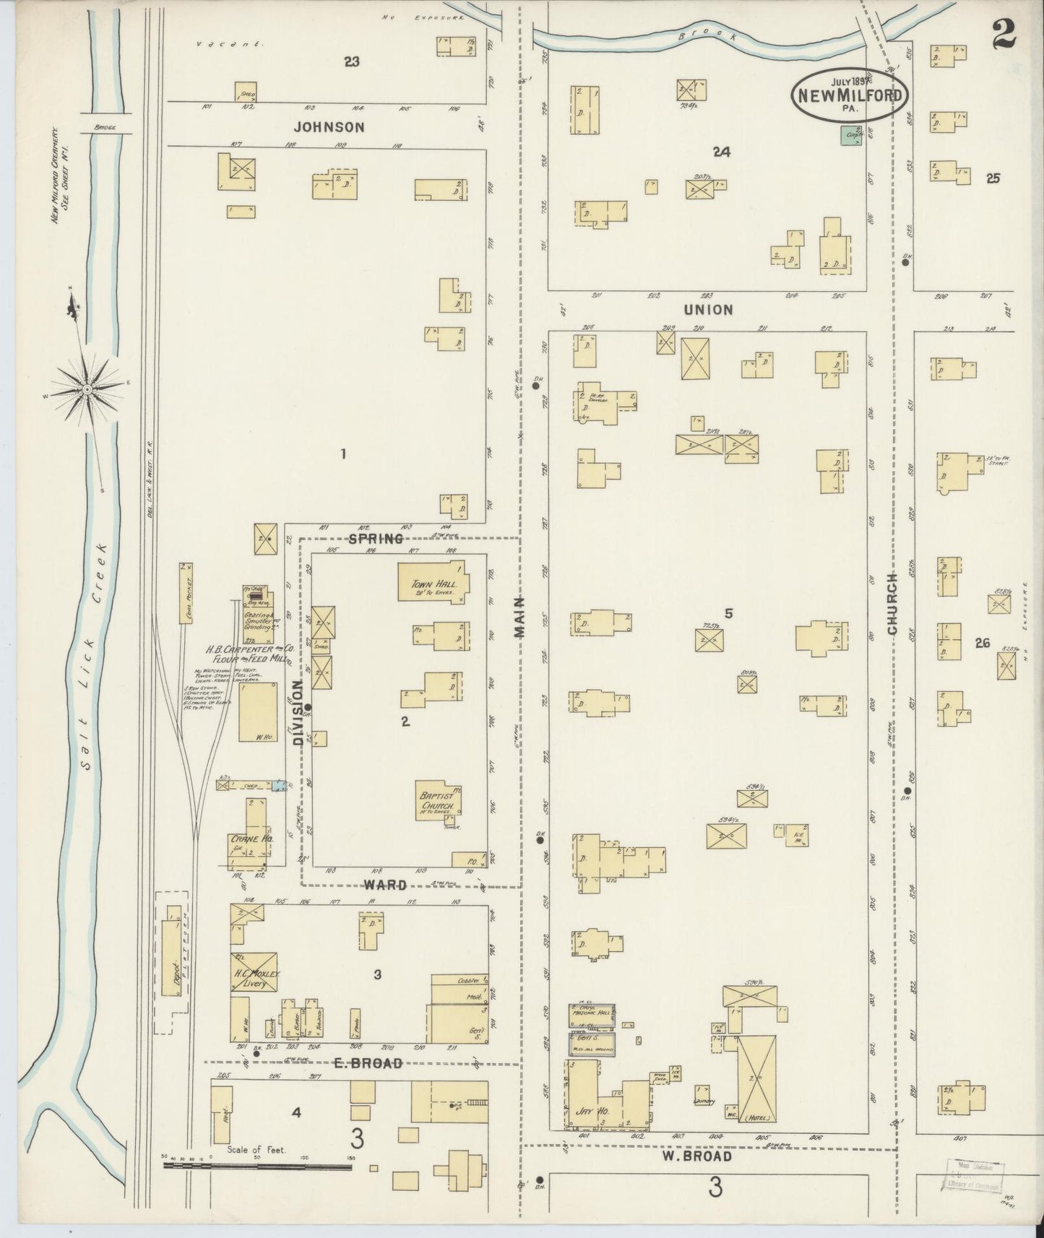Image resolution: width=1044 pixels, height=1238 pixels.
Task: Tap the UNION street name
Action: (713, 310)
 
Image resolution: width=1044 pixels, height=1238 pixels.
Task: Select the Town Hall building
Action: (432, 581)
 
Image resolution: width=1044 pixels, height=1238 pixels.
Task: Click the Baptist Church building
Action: (436, 802)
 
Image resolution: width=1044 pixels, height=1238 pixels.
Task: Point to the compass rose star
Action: (87, 389)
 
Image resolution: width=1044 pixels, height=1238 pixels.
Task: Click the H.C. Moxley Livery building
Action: (254, 975)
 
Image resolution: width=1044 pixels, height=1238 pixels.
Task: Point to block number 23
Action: (351, 62)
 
